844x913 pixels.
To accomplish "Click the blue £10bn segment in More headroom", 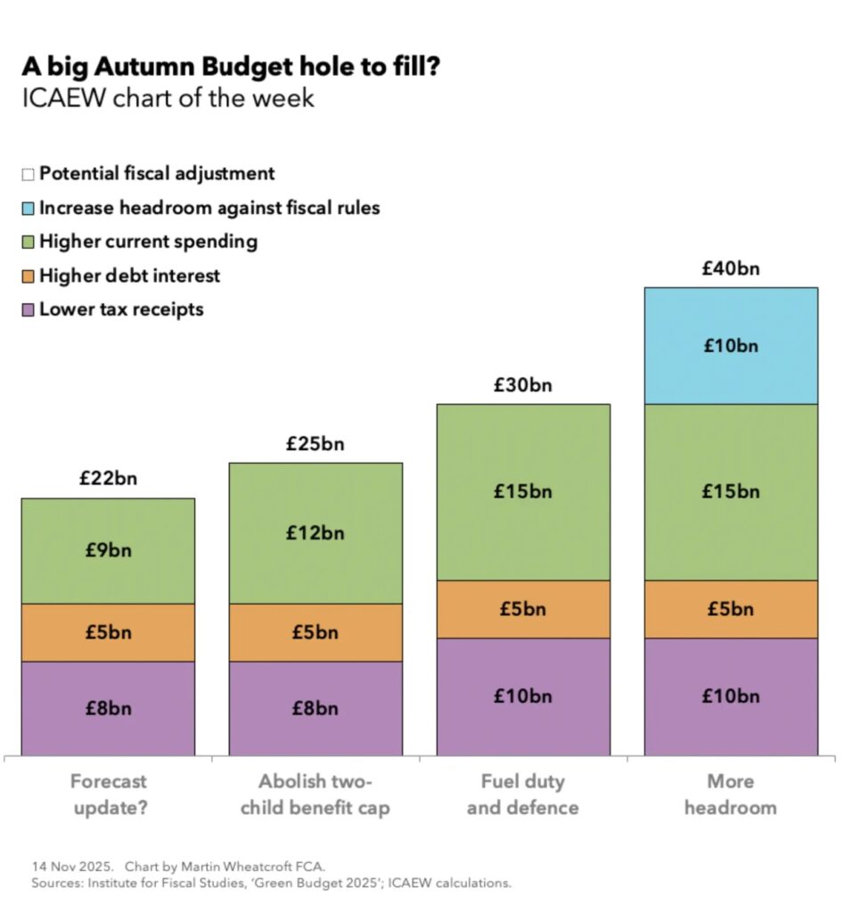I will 731,346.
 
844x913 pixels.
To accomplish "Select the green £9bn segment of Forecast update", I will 108,550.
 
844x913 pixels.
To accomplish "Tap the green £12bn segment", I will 315,533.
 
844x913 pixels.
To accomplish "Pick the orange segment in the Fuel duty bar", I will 523,609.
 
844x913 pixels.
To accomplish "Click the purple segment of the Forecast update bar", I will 108,709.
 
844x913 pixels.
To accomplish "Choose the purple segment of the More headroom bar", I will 731,696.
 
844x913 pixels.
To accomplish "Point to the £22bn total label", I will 108,479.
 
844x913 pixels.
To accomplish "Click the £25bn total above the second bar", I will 315,444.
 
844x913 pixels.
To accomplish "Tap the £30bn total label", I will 523,385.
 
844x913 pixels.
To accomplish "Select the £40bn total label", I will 731,268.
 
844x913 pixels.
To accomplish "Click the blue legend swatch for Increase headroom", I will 28,209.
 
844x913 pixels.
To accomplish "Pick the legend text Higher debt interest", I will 129,276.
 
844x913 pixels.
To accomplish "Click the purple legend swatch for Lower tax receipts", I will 28,310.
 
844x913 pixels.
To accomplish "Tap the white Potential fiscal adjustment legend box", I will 28,175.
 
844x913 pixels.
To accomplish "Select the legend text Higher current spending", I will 148,242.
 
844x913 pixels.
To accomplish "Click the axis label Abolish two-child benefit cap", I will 315,794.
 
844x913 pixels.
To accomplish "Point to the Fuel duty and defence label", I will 523,794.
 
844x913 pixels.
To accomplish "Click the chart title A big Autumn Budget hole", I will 231,66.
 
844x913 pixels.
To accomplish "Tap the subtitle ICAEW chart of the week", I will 168,97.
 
